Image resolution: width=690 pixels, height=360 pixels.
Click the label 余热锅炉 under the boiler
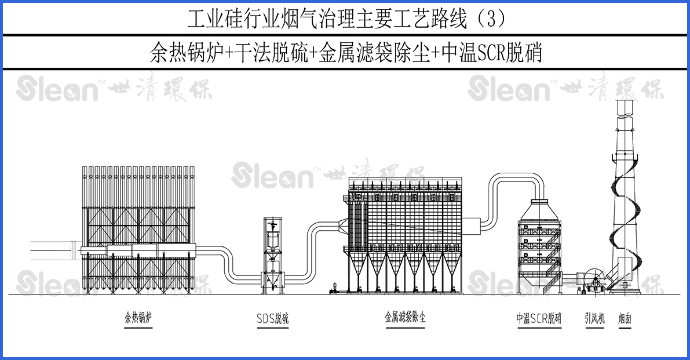click(x=138, y=318)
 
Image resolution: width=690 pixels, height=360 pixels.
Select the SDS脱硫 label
click(x=272, y=318)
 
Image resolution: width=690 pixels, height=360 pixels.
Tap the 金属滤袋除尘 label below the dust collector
click(x=405, y=318)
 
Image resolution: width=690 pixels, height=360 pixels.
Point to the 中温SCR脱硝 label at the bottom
click(x=539, y=318)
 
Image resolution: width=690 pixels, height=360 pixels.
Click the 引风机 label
click(x=594, y=318)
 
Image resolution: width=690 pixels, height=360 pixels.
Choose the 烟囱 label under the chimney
click(x=624, y=318)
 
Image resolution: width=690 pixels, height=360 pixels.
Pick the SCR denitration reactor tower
click(x=539, y=243)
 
